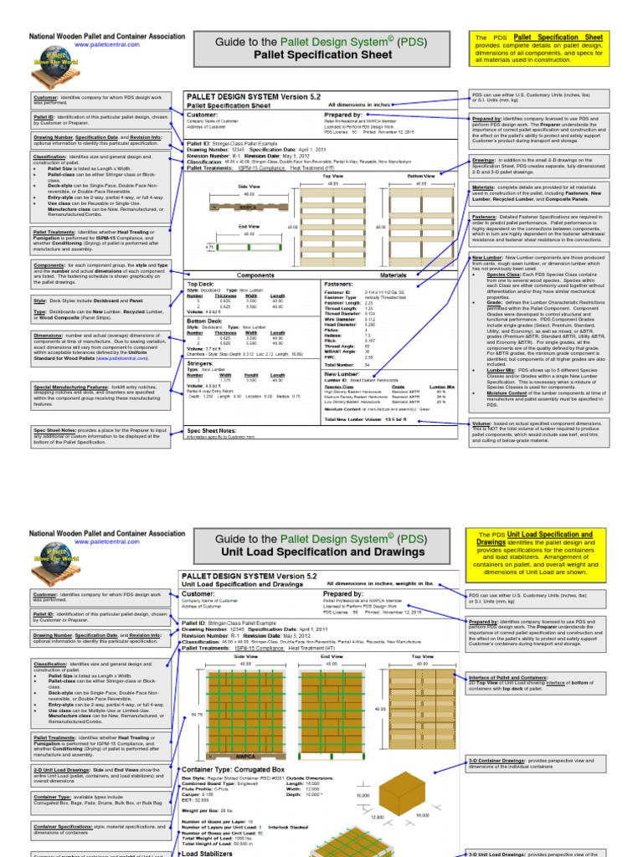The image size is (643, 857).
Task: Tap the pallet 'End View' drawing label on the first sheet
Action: pyautogui.click(x=249, y=225)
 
